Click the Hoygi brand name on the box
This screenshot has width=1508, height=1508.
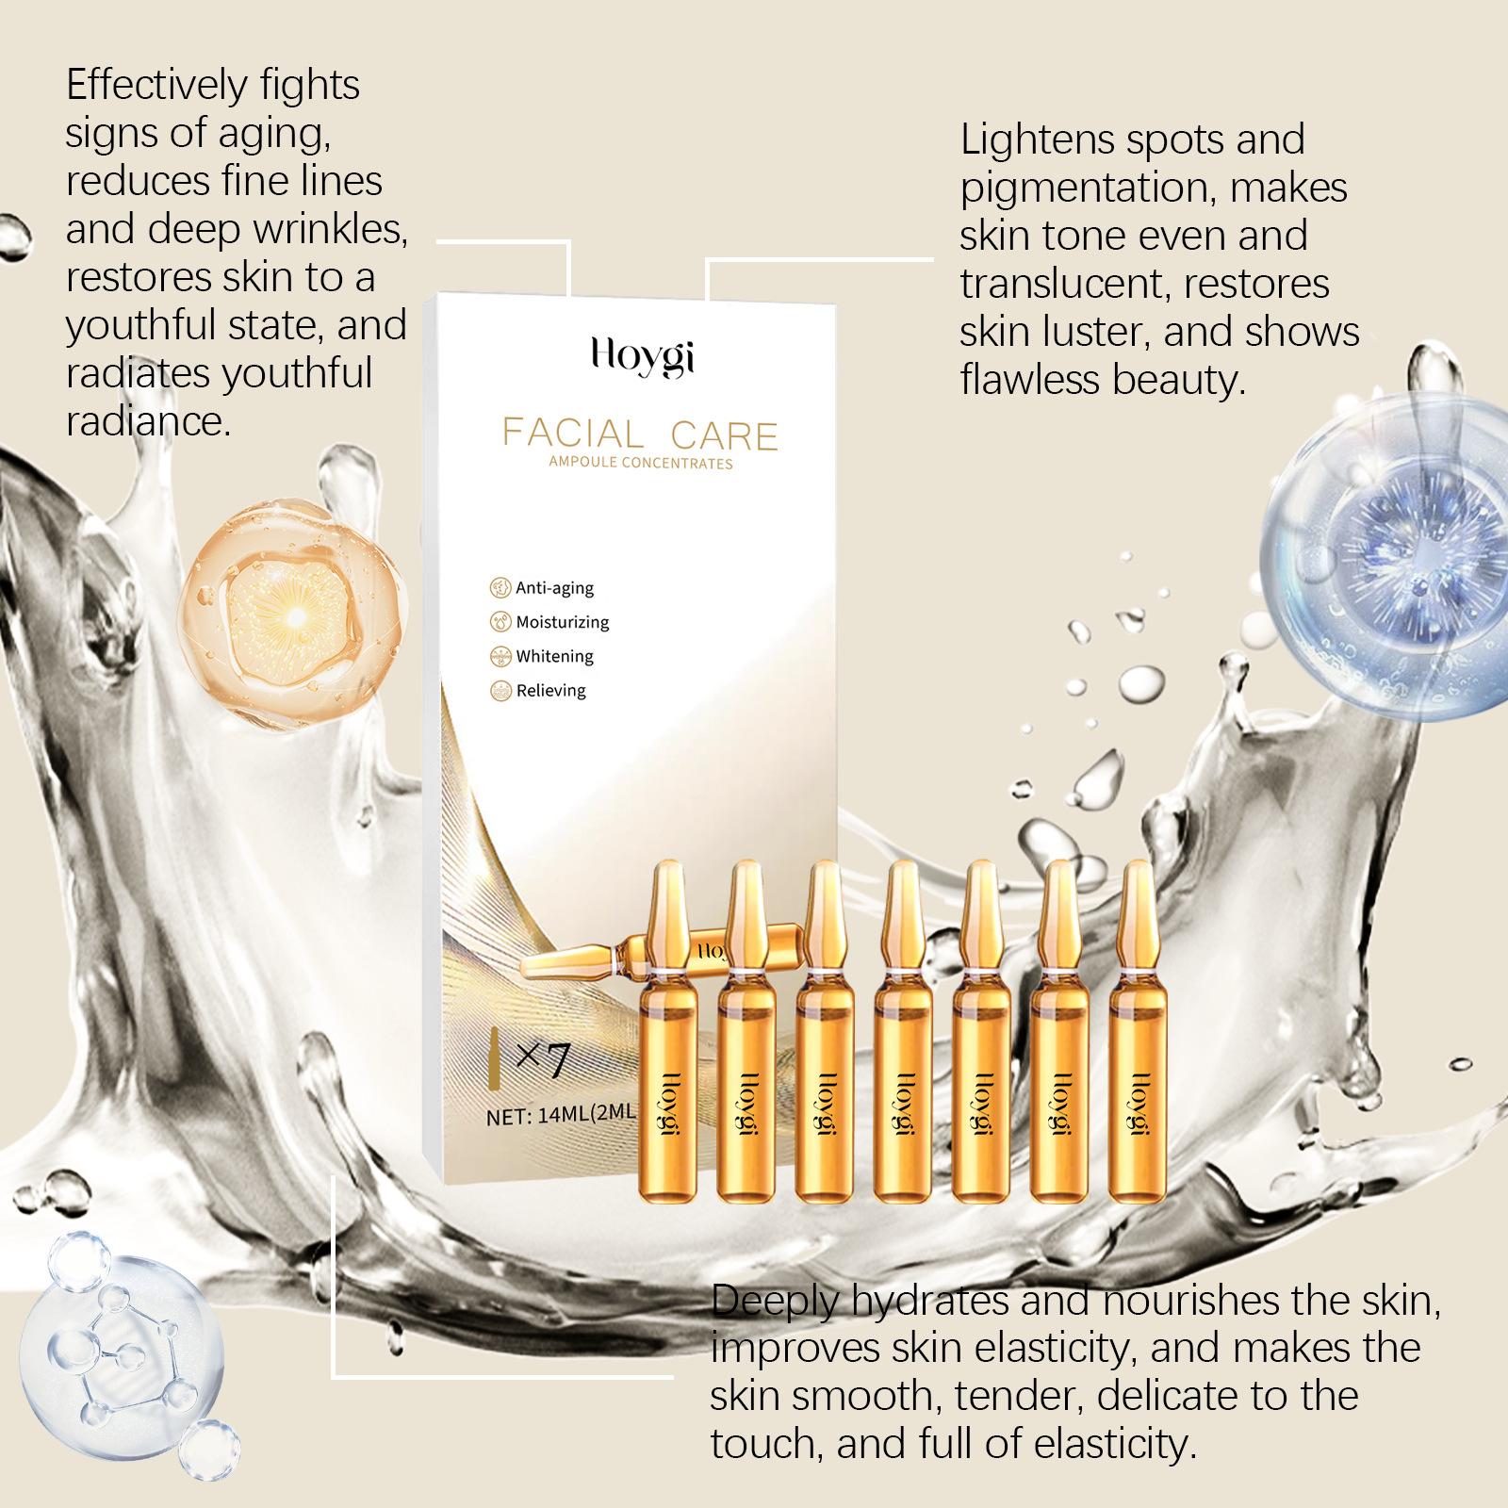tap(642, 356)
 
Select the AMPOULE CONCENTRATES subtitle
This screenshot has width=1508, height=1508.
tap(641, 463)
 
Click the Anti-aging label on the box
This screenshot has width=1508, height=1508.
tap(554, 588)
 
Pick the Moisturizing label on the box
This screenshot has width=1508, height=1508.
tap(563, 622)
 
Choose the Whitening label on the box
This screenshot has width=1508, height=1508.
tap(555, 656)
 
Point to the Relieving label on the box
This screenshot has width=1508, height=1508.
tap(551, 690)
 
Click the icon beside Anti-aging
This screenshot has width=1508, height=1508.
tap(500, 588)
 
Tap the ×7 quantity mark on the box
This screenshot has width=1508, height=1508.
tap(543, 1060)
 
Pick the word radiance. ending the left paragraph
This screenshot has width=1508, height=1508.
tap(148, 421)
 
